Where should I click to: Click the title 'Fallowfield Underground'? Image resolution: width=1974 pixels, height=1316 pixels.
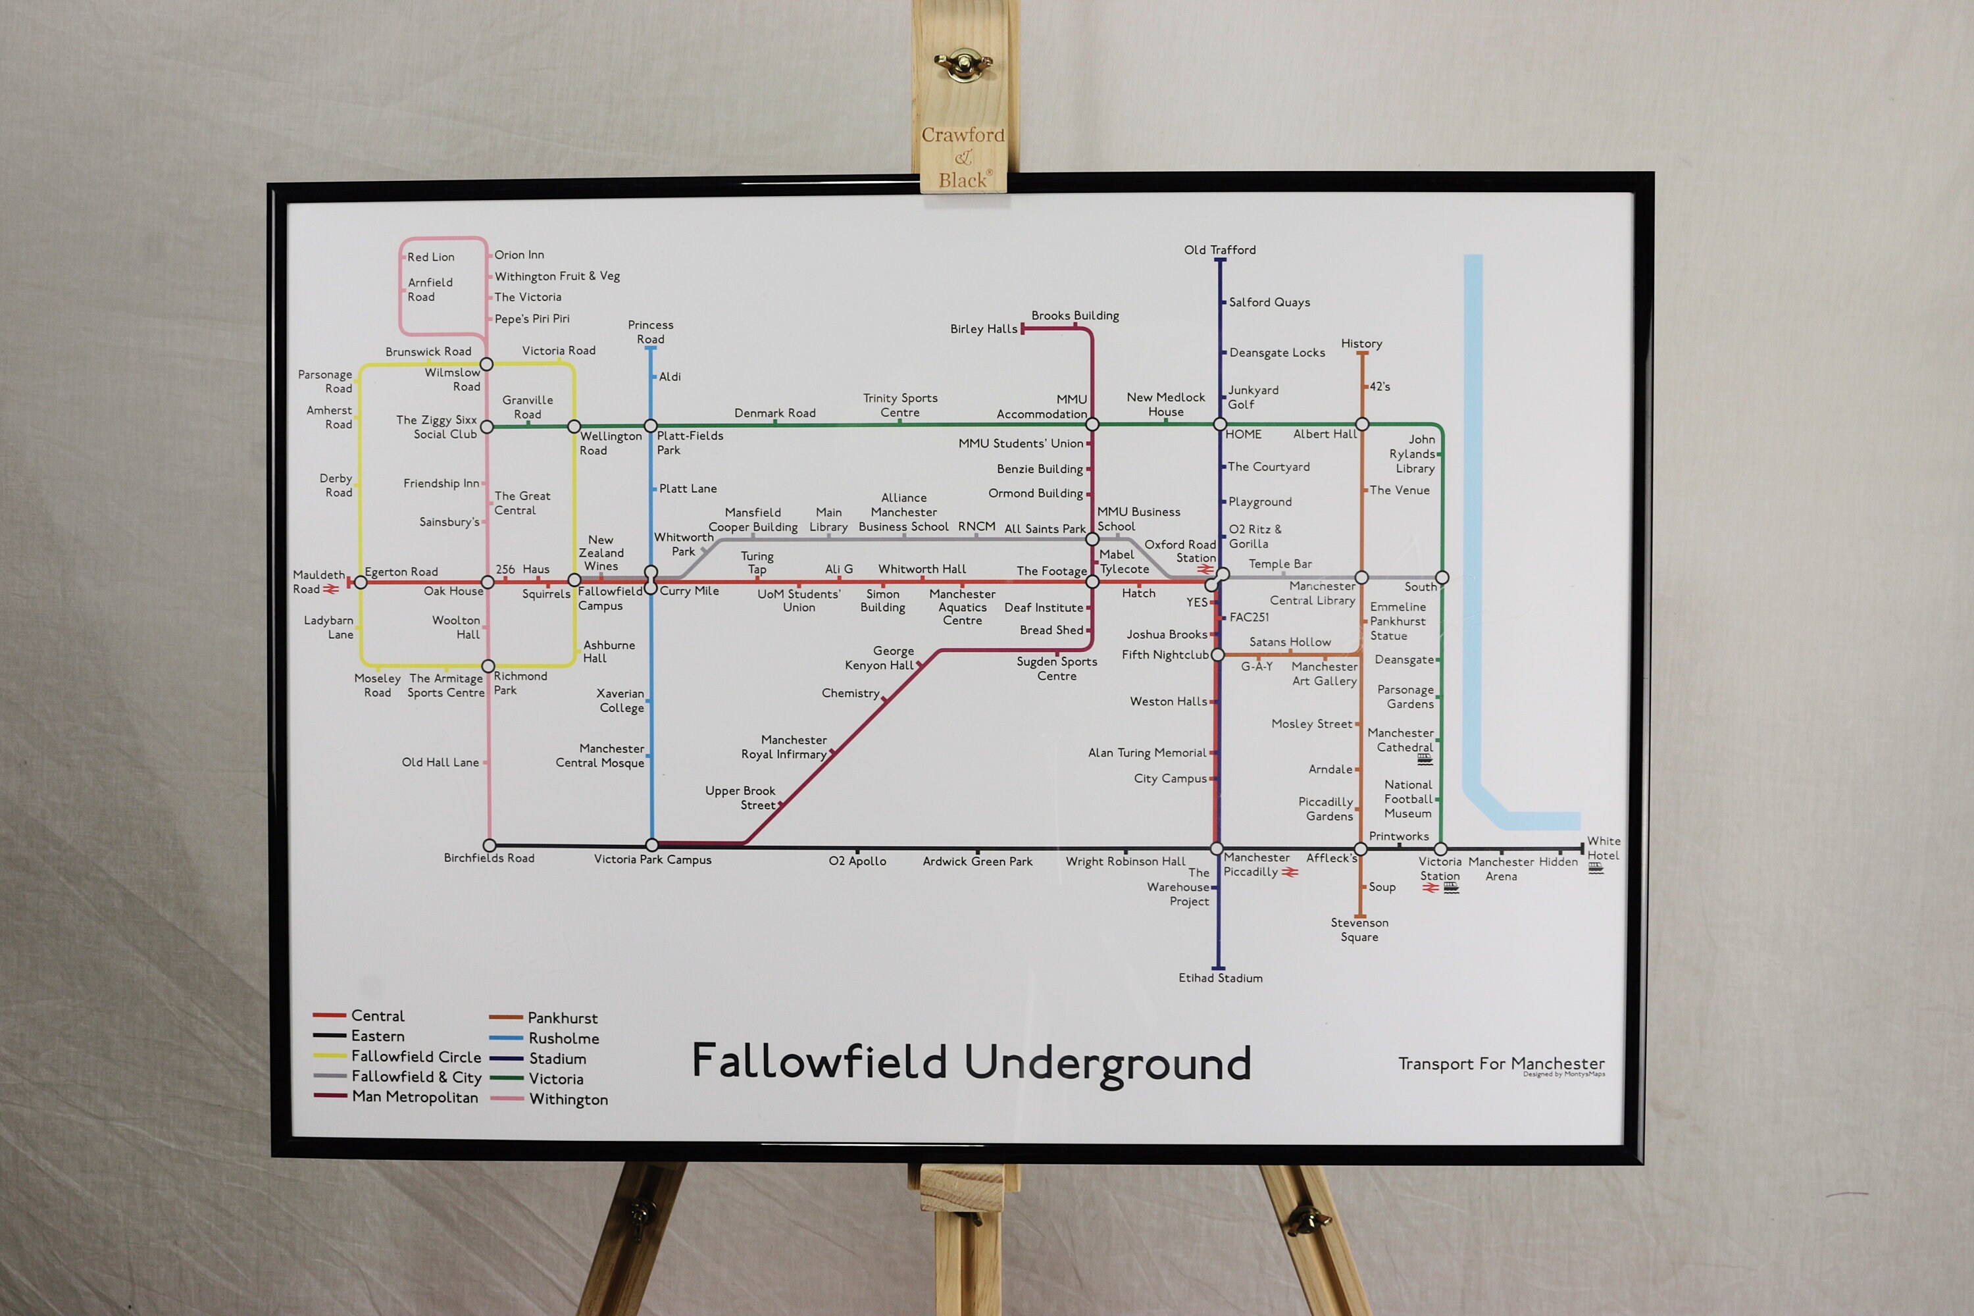tap(971, 1062)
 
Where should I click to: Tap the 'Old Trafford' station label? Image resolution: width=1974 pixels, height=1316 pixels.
tap(1219, 250)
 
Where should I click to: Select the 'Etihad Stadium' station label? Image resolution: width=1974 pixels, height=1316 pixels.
tap(1221, 978)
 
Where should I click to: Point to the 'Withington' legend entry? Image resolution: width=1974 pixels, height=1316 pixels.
tap(569, 1100)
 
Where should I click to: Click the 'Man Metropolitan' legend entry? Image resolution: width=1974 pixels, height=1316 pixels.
tap(415, 1097)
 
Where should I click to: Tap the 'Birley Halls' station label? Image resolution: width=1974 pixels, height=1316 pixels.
tap(984, 329)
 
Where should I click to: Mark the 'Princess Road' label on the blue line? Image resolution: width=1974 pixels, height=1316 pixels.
tap(651, 332)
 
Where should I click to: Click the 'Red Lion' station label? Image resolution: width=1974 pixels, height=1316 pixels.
tap(430, 257)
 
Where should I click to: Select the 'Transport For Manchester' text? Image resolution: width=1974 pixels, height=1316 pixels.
tap(1501, 1063)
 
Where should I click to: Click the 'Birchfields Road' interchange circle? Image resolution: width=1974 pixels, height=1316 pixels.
tap(490, 845)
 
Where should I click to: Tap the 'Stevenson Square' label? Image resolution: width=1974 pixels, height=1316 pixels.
tap(1359, 930)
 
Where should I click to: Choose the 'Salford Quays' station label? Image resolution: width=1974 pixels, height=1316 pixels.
tap(1269, 302)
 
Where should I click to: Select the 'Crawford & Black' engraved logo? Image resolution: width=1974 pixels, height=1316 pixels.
tap(963, 158)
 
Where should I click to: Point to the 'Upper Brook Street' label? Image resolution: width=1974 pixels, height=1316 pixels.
tap(740, 798)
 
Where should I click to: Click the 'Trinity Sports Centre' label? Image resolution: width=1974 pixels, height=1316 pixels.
tap(899, 405)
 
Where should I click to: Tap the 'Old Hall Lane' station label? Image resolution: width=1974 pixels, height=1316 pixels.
tap(440, 762)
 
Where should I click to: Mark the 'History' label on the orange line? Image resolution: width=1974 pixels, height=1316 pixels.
tap(1361, 343)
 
